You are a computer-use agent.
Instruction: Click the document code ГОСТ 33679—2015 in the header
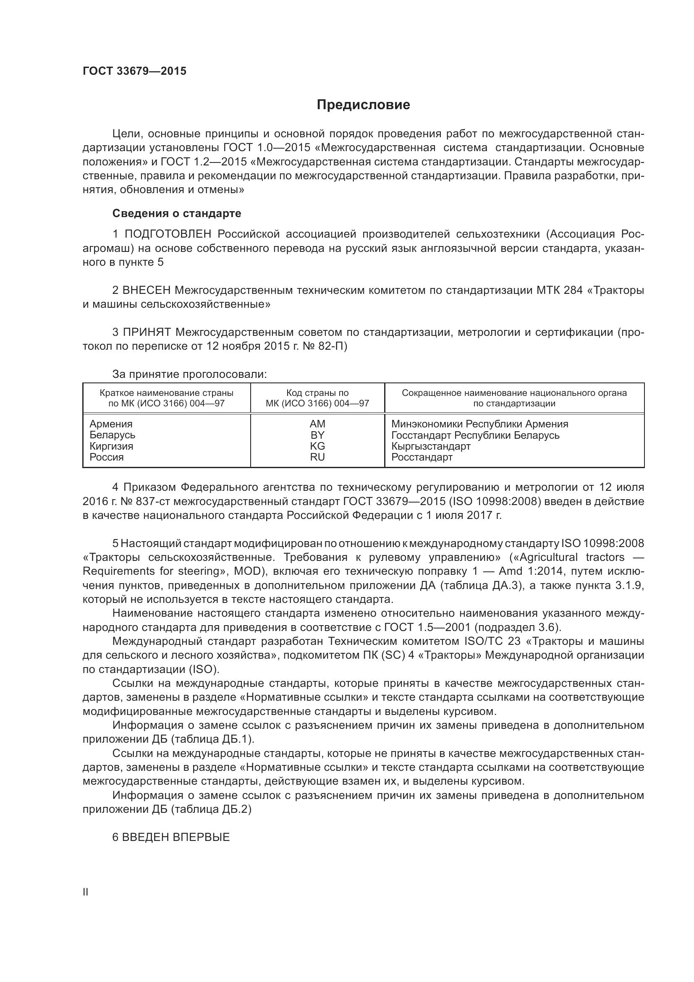click(134, 71)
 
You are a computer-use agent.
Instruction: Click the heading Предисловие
click(363, 105)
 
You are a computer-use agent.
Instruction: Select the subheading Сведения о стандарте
click(177, 213)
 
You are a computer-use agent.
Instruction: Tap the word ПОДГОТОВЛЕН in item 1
click(168, 234)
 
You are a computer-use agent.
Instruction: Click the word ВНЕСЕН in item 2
click(147, 290)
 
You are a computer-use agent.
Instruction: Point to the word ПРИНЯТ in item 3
click(147, 332)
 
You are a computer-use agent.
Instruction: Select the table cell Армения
click(111, 424)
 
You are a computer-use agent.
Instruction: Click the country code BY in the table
click(317, 435)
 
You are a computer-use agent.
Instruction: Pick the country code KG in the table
click(317, 446)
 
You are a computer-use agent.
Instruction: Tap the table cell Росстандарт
click(422, 457)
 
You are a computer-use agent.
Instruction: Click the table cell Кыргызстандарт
click(431, 446)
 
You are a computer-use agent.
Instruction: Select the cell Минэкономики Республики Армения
click(479, 424)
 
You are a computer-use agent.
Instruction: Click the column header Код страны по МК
click(317, 398)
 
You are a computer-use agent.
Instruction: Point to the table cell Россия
click(107, 457)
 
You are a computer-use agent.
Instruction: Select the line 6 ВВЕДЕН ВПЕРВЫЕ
click(170, 837)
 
